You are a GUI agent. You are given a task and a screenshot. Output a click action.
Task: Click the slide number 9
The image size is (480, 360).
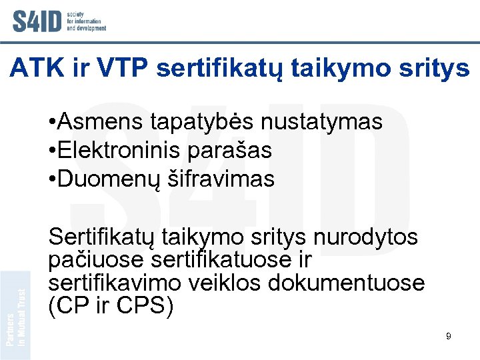point(449,336)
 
